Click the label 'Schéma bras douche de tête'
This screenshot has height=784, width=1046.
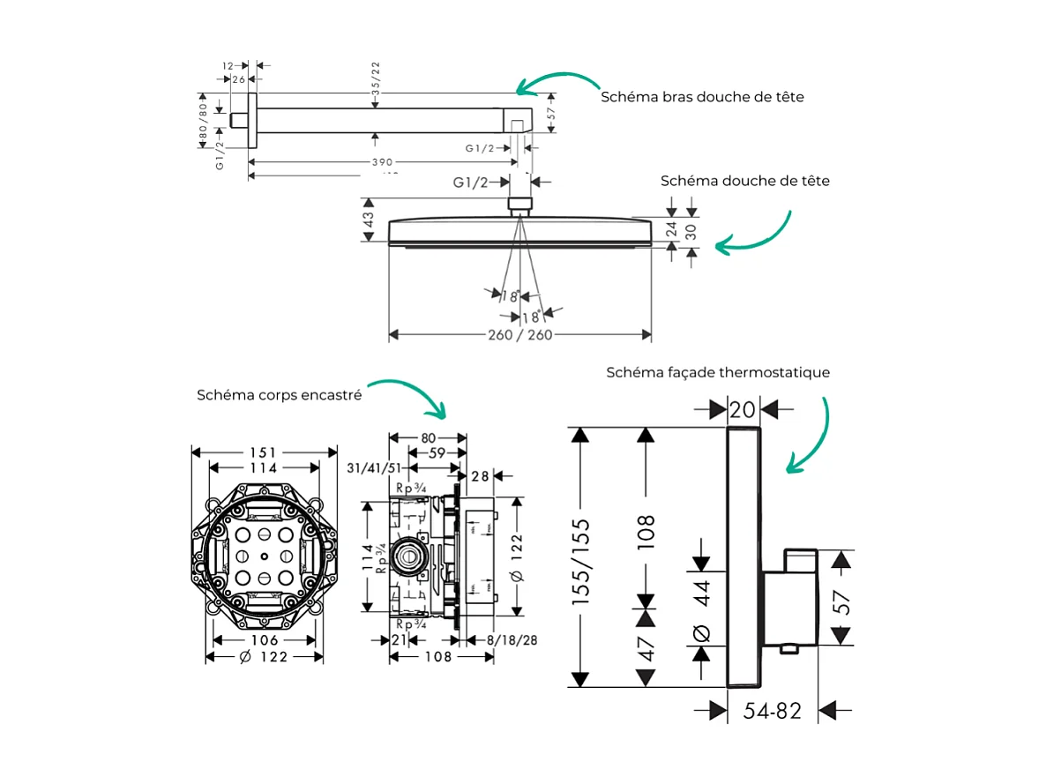coord(702,97)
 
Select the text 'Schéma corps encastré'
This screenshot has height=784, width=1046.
coord(279,396)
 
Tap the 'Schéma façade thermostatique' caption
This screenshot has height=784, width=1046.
coord(717,373)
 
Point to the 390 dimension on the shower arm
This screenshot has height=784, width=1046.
coord(381,162)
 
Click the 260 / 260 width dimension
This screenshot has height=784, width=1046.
coord(519,335)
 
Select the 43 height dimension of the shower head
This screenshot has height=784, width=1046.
coord(369,219)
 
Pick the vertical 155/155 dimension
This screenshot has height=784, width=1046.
coord(580,561)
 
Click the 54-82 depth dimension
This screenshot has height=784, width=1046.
coord(772,711)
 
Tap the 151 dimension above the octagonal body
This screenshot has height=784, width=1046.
coord(264,452)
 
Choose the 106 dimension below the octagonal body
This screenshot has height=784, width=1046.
coord(264,640)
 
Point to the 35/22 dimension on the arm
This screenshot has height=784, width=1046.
coord(377,79)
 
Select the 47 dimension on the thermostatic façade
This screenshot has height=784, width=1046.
coord(648,648)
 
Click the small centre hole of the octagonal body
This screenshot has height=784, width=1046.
coord(265,556)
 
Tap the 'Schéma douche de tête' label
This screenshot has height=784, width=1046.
coord(744,181)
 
